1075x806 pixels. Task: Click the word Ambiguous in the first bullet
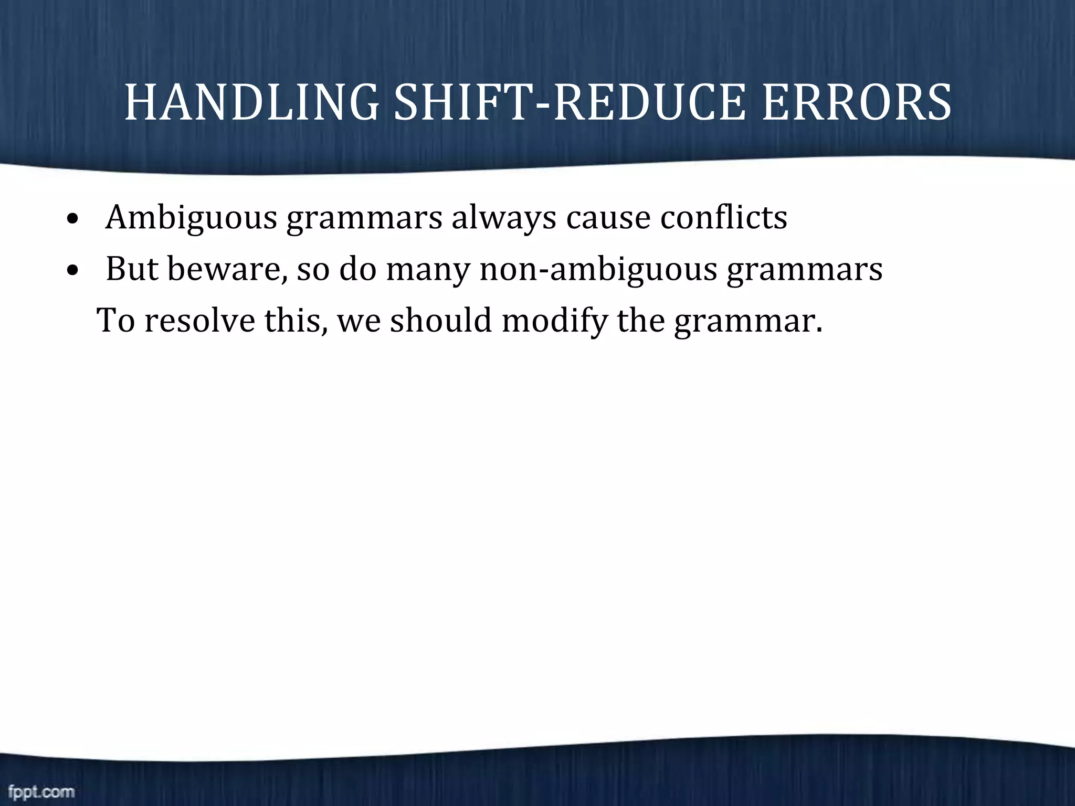click(x=191, y=217)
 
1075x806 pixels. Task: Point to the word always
click(x=503, y=217)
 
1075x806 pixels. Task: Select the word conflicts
click(x=723, y=216)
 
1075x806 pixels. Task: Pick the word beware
click(x=227, y=269)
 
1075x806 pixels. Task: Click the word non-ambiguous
click(x=598, y=269)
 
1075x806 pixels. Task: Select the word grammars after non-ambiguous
click(x=805, y=270)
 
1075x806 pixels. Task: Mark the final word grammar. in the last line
click(x=749, y=321)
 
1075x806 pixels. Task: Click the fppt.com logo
click(x=41, y=791)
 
